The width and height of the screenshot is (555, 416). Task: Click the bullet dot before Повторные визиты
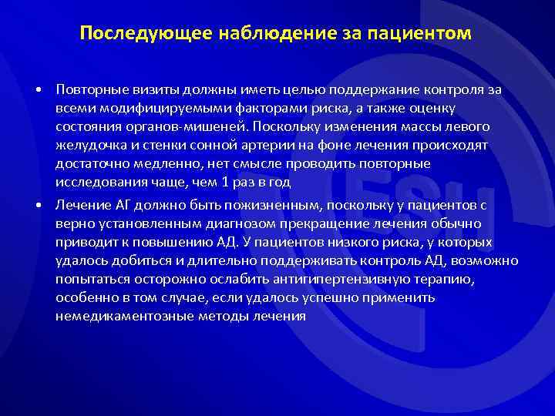38,90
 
